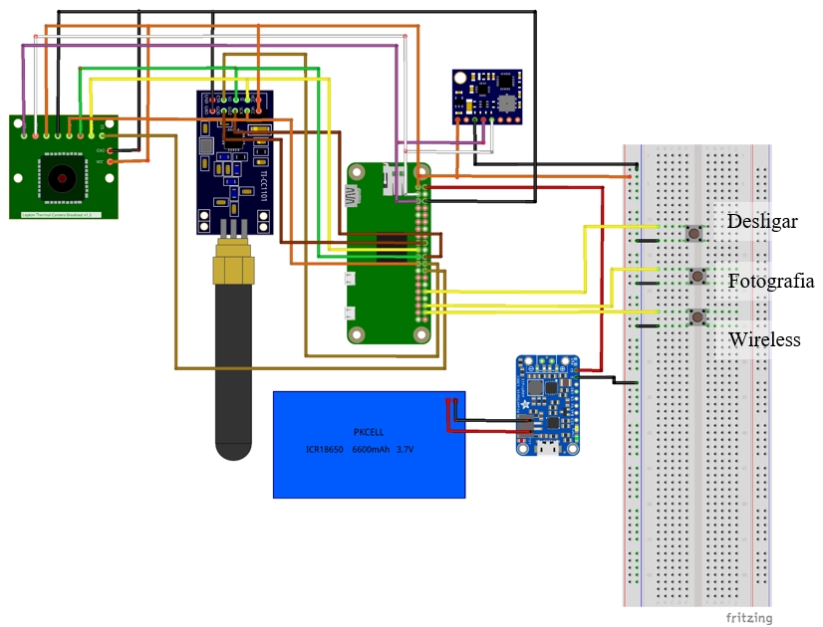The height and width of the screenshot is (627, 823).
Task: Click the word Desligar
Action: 762,221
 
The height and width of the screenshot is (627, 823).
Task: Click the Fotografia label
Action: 770,281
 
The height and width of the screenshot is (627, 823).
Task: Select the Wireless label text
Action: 764,339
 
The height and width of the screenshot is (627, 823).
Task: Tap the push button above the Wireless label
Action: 699,318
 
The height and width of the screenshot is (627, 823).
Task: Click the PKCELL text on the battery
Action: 369,432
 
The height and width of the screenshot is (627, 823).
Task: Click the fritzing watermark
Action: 748,617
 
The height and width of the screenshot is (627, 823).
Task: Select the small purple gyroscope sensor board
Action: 486,97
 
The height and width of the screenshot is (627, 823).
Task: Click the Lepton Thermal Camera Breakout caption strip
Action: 64,214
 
